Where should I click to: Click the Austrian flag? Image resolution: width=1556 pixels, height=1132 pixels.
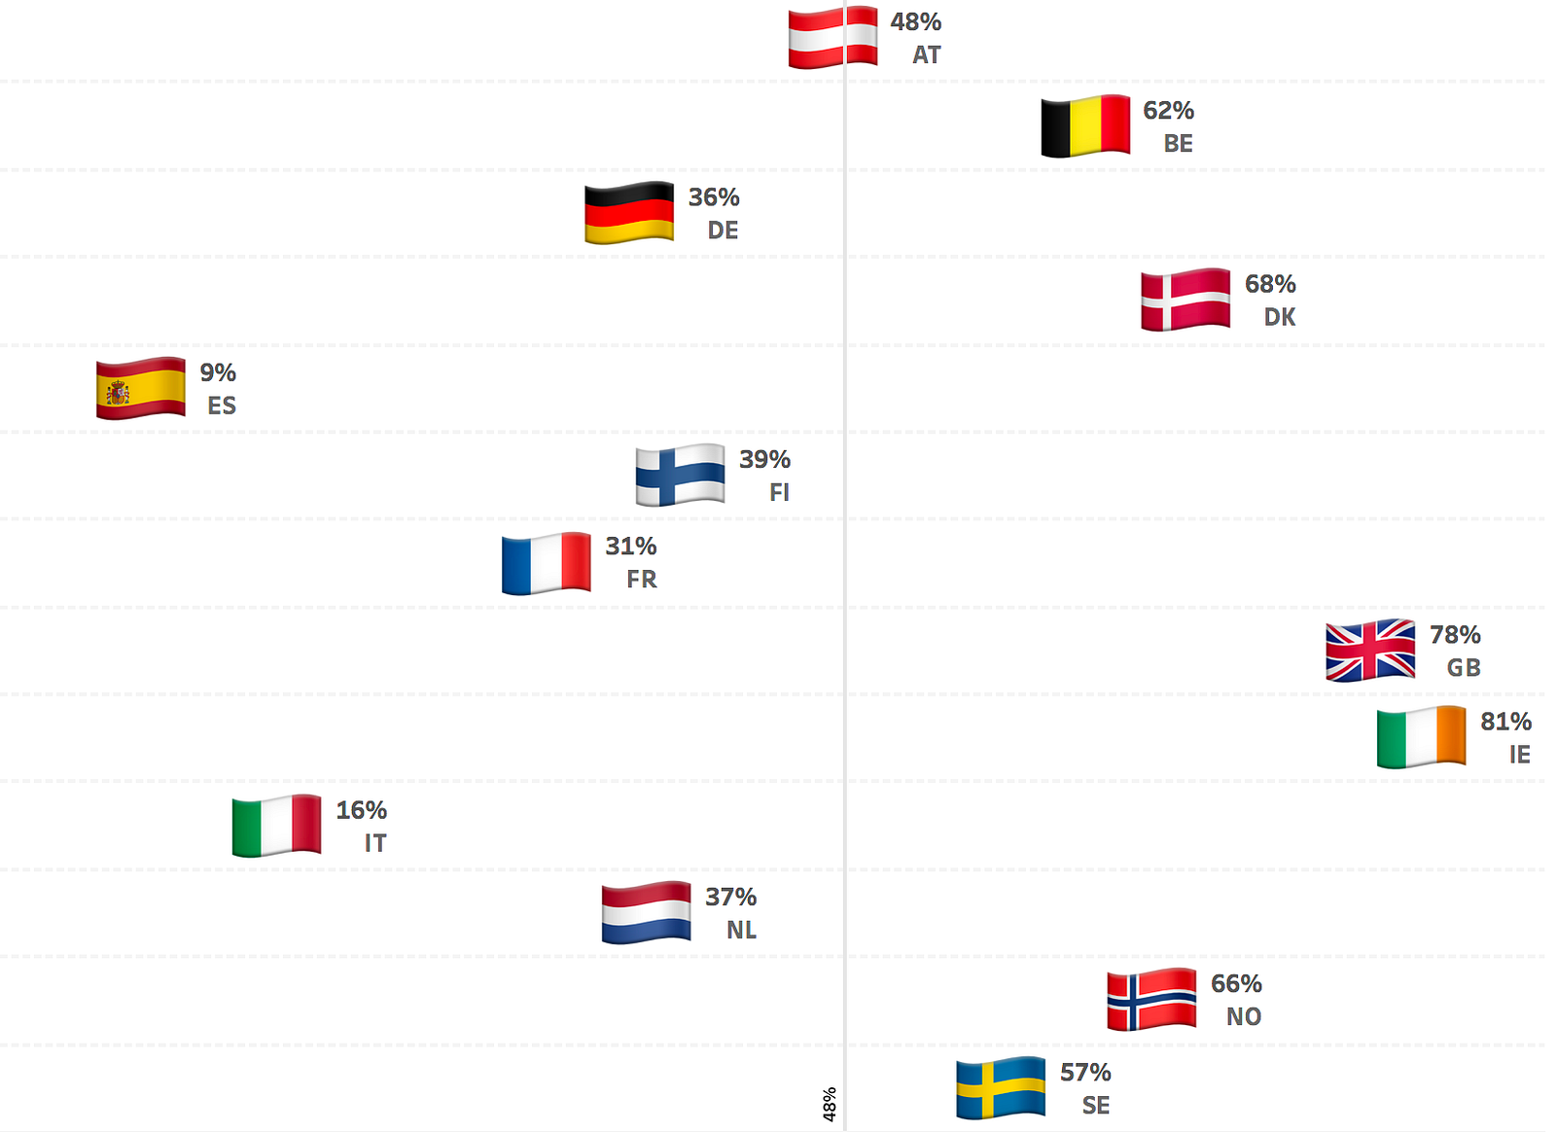click(832, 38)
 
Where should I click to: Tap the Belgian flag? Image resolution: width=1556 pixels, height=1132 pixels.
click(1085, 125)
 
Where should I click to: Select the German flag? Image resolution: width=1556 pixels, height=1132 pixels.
click(629, 213)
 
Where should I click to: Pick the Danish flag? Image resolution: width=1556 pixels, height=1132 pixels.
click(1185, 300)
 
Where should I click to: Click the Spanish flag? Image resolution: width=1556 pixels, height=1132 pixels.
click(141, 388)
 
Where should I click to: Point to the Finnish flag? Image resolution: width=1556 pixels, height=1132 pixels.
click(680, 475)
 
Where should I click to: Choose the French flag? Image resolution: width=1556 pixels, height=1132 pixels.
click(547, 563)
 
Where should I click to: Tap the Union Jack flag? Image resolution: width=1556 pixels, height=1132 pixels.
click(1370, 650)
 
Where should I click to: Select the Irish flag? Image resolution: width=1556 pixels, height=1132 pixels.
click(1421, 737)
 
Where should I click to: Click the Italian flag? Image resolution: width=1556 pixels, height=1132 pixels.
click(277, 826)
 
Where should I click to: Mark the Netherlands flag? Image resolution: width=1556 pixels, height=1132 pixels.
click(647, 912)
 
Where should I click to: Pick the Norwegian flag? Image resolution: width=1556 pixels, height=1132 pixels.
click(1151, 999)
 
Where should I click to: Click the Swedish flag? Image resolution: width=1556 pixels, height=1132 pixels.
click(1001, 1087)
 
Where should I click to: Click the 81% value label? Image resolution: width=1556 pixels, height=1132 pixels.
click(1505, 722)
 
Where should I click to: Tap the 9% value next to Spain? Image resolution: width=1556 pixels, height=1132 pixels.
click(218, 372)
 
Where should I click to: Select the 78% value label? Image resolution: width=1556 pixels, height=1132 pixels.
click(1455, 635)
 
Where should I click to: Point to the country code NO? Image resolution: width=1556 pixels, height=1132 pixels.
click(1243, 1017)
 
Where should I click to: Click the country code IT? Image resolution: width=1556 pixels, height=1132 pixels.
click(375, 843)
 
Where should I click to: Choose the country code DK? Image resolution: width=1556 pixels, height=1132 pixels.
click(1279, 317)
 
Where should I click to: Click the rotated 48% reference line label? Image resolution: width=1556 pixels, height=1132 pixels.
click(830, 1105)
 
